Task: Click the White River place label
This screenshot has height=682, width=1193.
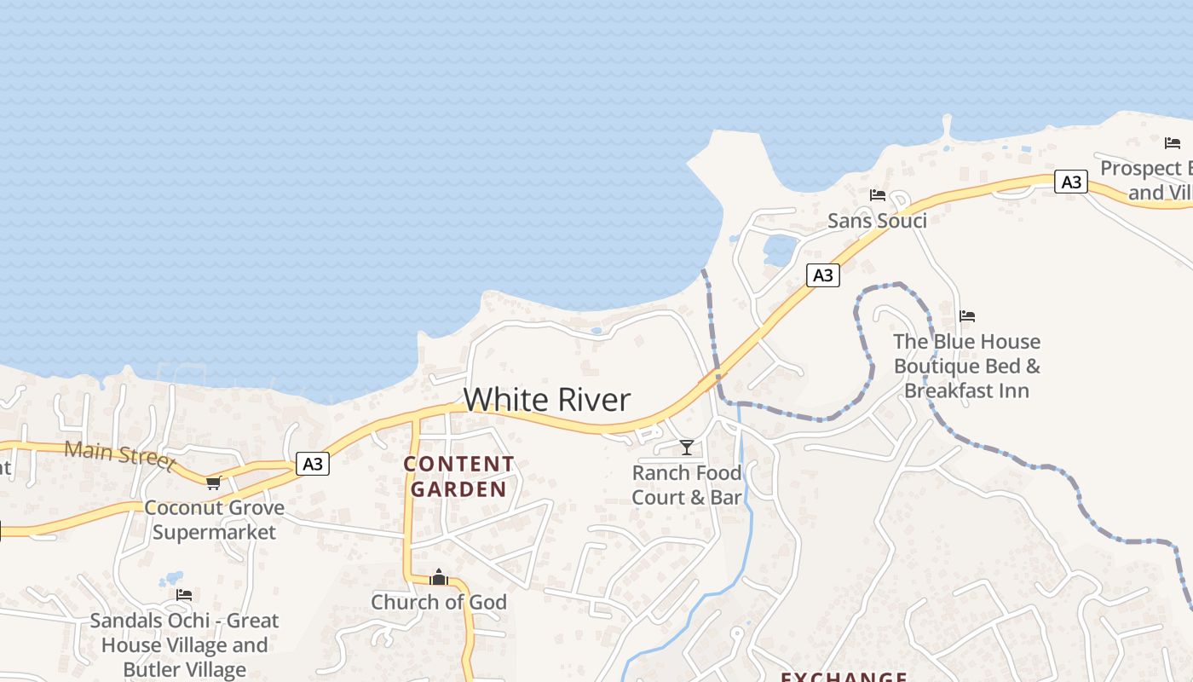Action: click(x=547, y=400)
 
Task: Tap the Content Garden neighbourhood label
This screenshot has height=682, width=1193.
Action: click(x=459, y=477)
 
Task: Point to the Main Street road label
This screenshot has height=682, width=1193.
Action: click(x=119, y=455)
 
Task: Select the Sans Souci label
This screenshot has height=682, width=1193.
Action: click(x=877, y=221)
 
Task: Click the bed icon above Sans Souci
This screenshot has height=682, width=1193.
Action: click(x=878, y=195)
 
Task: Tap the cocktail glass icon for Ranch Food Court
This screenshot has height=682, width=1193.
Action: click(x=687, y=447)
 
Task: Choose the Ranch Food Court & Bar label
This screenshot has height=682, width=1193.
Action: click(x=687, y=485)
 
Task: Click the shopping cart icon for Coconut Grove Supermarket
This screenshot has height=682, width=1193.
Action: click(x=213, y=483)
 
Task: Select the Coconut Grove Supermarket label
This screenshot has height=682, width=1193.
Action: click(x=214, y=520)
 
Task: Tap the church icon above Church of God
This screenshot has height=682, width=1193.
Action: click(x=439, y=577)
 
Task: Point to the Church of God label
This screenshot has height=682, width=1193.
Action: click(x=439, y=602)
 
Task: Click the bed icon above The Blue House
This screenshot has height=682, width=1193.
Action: click(x=967, y=316)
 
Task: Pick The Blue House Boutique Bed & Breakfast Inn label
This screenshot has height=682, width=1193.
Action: click(x=967, y=366)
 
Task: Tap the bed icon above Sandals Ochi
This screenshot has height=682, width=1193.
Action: click(x=184, y=595)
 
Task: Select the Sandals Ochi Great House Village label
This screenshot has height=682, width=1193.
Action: click(x=184, y=644)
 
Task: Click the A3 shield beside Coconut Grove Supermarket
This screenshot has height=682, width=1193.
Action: click(x=313, y=464)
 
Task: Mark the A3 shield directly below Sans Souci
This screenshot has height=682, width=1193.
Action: click(x=822, y=275)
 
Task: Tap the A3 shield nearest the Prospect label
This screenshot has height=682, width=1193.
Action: click(x=1071, y=182)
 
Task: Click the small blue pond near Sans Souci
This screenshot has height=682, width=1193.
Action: click(x=780, y=251)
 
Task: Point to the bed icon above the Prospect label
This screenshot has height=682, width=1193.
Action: click(x=1173, y=142)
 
